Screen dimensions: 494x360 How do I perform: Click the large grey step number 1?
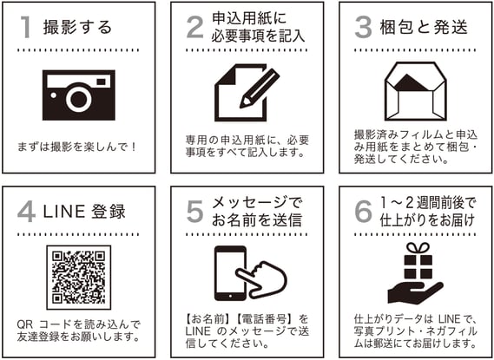pyautogui.click(x=26, y=27)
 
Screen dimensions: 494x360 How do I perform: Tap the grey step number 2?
pyautogui.click(x=195, y=27)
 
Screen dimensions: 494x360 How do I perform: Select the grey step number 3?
pyautogui.click(x=363, y=27)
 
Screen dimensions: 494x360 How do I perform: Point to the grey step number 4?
pyautogui.click(x=26, y=212)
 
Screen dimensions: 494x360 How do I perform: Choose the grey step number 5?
pyautogui.click(x=195, y=212)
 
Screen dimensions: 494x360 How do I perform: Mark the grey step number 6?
pyautogui.click(x=363, y=212)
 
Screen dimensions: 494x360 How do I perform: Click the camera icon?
pyautogui.click(x=79, y=95)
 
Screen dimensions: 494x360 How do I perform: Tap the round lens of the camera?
pyautogui.click(x=79, y=99)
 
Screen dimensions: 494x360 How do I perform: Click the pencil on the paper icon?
pyautogui.click(x=260, y=88)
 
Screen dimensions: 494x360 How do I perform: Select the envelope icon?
pyautogui.click(x=416, y=91)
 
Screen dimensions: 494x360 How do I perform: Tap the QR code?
pyautogui.click(x=79, y=278)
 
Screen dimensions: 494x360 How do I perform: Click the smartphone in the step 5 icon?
pyautogui.click(x=230, y=273)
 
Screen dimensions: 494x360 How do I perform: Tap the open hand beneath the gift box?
pyautogui.click(x=415, y=293)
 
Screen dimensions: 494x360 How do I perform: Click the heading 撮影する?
pyautogui.click(x=77, y=27)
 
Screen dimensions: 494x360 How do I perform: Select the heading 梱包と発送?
pyautogui.click(x=424, y=27)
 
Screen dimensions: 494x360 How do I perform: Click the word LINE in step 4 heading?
pyautogui.click(x=64, y=212)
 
